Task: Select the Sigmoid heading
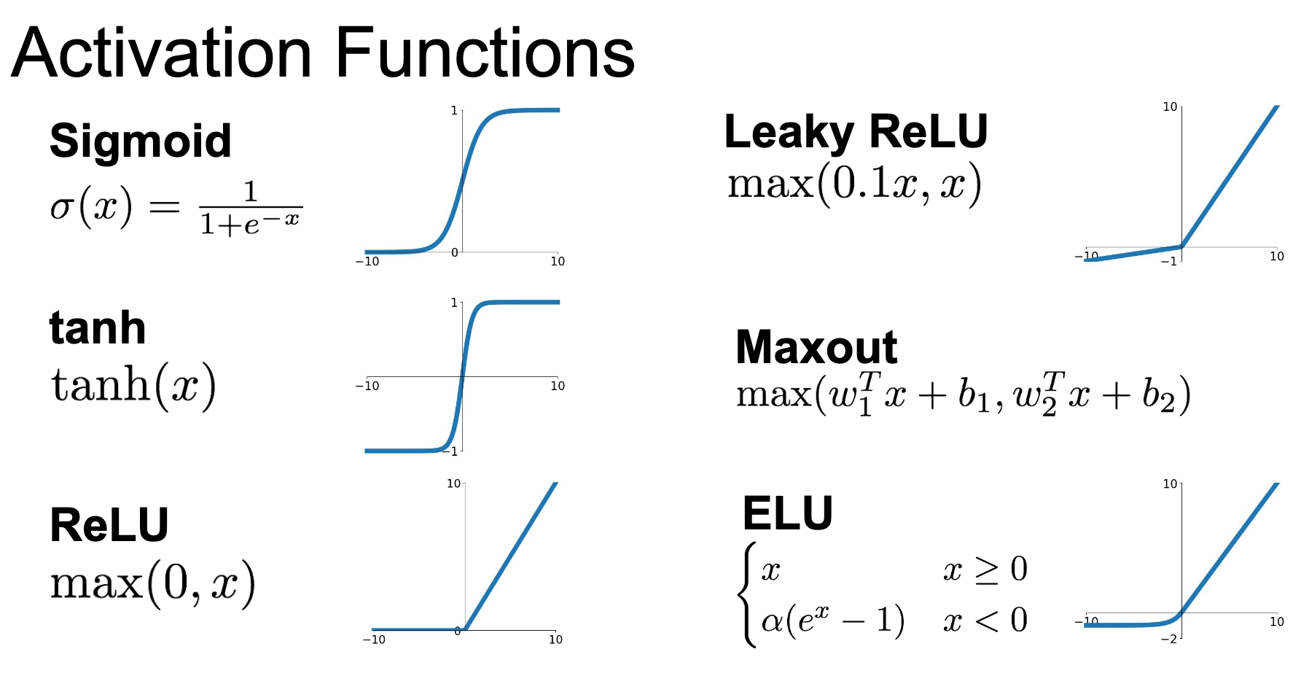click(141, 141)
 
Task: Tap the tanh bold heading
click(98, 327)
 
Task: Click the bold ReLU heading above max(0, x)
click(109, 525)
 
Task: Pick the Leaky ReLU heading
click(856, 133)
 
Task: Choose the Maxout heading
click(816, 347)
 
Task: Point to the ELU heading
click(788, 513)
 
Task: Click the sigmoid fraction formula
click(176, 209)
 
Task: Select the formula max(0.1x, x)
click(855, 184)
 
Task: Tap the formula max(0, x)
click(153, 583)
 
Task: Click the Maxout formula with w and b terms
click(964, 395)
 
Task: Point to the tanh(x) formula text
click(133, 385)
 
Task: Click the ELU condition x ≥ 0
click(985, 570)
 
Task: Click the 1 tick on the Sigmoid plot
click(454, 111)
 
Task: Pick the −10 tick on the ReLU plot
click(374, 640)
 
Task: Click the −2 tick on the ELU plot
click(1169, 639)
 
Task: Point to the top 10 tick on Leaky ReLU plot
click(1170, 106)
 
